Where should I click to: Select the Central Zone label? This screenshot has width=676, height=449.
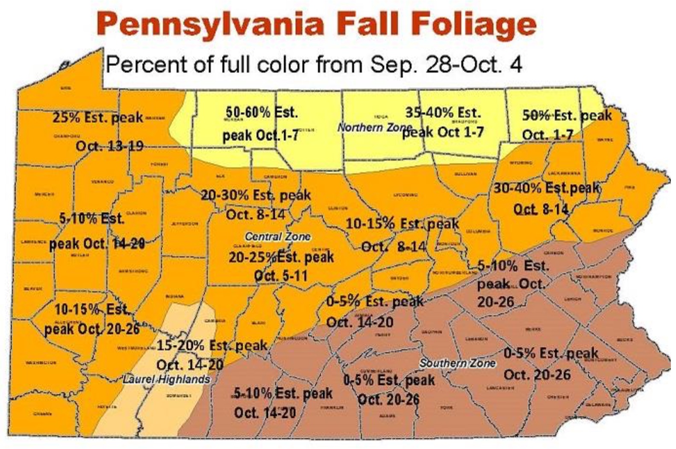coord(278,236)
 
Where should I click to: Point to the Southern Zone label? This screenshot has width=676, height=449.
coord(457,363)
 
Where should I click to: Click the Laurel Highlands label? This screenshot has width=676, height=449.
coord(166,379)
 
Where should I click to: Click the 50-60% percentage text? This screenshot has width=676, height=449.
coord(248,112)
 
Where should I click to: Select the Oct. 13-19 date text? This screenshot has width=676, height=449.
coord(109,146)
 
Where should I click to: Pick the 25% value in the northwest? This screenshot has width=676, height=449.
coord(66,117)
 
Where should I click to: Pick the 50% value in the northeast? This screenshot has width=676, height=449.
coord(535,115)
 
